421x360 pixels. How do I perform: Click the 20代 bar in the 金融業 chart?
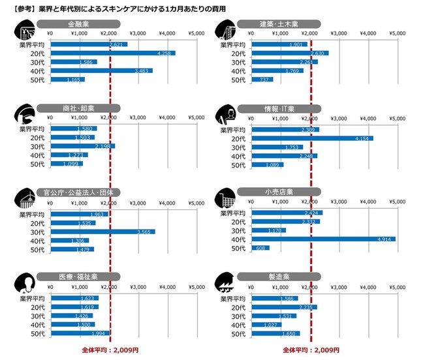(x=112, y=53)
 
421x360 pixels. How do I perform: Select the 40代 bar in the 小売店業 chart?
(x=323, y=239)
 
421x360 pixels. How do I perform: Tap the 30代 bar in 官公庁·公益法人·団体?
(x=102, y=232)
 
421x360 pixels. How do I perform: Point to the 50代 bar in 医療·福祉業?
(x=78, y=334)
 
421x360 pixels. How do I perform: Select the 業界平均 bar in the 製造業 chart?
(x=274, y=299)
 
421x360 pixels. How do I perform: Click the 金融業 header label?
(x=78, y=24)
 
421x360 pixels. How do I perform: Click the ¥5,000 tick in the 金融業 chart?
(x=196, y=33)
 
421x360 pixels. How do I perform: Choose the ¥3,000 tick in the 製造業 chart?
(x=339, y=286)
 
